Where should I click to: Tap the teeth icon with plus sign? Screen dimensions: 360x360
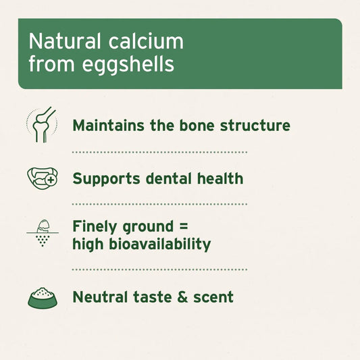[x=41, y=178]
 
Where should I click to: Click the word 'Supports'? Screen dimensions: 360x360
[x=106, y=180]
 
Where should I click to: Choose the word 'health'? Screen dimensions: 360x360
[x=220, y=179]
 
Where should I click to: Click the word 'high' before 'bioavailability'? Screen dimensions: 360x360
[x=88, y=244]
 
